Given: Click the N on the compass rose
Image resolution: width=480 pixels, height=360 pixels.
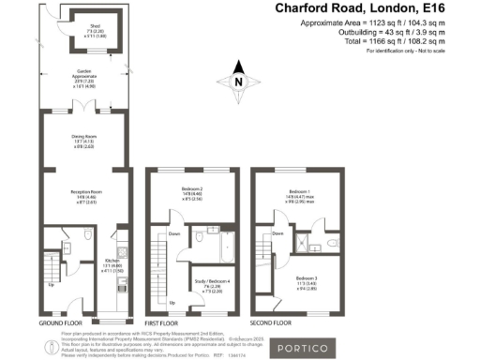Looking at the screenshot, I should click(x=239, y=82).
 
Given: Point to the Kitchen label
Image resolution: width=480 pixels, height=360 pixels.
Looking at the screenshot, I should click(x=112, y=261).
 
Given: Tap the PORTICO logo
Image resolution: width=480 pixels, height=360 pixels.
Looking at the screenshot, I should click(x=300, y=349).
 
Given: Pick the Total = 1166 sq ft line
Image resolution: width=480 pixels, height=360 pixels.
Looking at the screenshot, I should click(x=365, y=42).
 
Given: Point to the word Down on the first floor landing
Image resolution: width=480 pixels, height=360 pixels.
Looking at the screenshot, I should click(x=175, y=233).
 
